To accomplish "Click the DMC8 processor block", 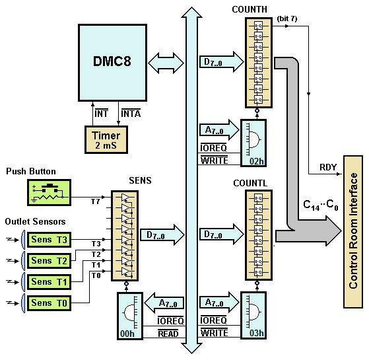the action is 112,63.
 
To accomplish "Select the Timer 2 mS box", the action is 106,140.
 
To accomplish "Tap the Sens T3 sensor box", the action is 50,240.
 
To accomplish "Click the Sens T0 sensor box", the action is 50,303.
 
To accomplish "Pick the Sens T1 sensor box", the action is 50,282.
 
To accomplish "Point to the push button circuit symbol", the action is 49,193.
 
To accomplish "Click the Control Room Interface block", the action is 352,232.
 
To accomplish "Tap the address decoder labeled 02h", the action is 253,143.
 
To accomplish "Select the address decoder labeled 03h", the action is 253,315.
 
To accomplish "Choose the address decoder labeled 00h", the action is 130,316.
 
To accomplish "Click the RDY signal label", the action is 328,167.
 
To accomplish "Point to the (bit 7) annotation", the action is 287,18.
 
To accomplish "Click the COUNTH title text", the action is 250,9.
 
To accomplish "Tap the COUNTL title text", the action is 250,183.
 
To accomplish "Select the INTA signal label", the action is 131,114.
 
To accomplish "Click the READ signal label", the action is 168,334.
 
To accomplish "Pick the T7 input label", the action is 96,201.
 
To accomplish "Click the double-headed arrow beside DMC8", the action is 166,63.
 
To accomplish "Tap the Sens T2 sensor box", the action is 50,261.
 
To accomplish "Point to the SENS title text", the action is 140,180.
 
